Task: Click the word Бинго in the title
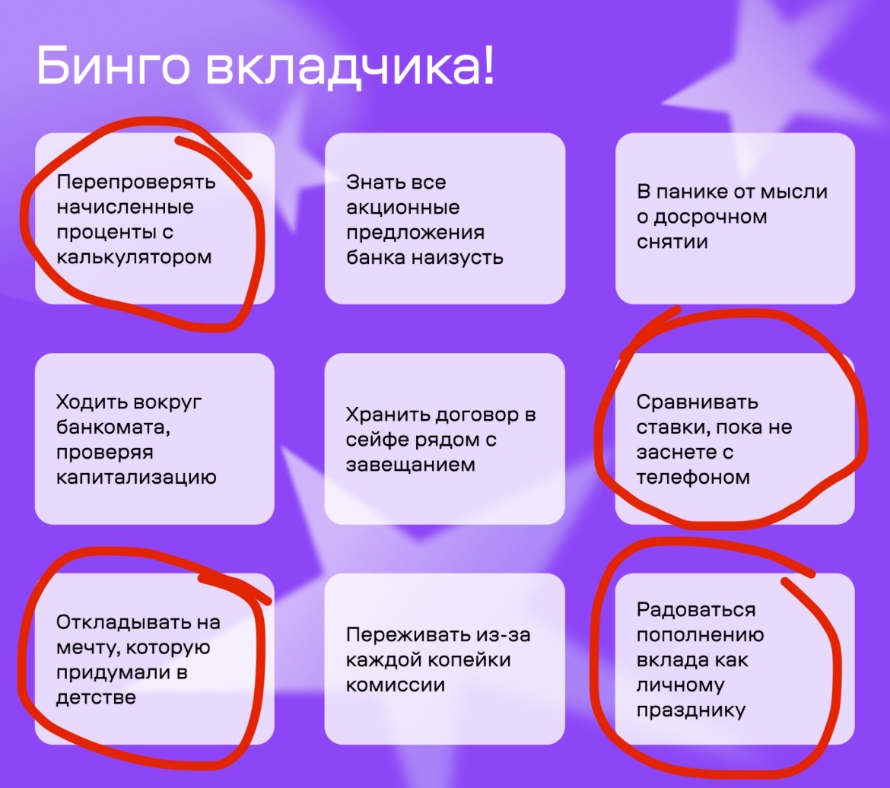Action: coord(113,67)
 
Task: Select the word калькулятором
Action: coord(134,258)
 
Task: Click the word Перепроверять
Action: coord(136,183)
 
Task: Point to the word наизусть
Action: coord(457,258)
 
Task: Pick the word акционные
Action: coord(403,207)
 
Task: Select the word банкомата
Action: coord(113,427)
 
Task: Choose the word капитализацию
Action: coord(136,478)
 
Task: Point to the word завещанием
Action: coord(410,465)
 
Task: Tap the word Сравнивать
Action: coord(697,402)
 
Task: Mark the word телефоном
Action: coord(693,478)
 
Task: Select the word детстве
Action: coord(96,697)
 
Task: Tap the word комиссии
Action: coord(396,685)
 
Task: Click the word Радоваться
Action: coord(696,610)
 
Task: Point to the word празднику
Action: coord(691,710)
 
